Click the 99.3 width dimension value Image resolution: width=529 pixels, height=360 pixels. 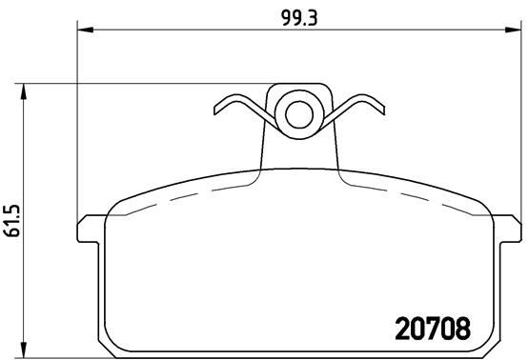(299, 18)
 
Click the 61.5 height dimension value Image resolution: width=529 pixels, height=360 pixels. (13, 220)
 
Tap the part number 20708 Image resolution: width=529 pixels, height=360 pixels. (433, 329)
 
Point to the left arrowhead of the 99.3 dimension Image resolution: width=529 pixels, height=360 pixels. (86, 30)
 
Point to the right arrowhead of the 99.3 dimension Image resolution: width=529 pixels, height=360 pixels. (513, 30)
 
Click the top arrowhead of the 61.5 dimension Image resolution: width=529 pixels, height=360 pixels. (23, 91)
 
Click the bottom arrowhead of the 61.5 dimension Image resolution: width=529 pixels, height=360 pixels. (23, 350)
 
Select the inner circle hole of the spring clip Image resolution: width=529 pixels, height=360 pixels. (299, 114)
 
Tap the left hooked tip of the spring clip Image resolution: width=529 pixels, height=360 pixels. (216, 109)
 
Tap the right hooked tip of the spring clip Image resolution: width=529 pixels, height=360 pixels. (382, 109)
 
